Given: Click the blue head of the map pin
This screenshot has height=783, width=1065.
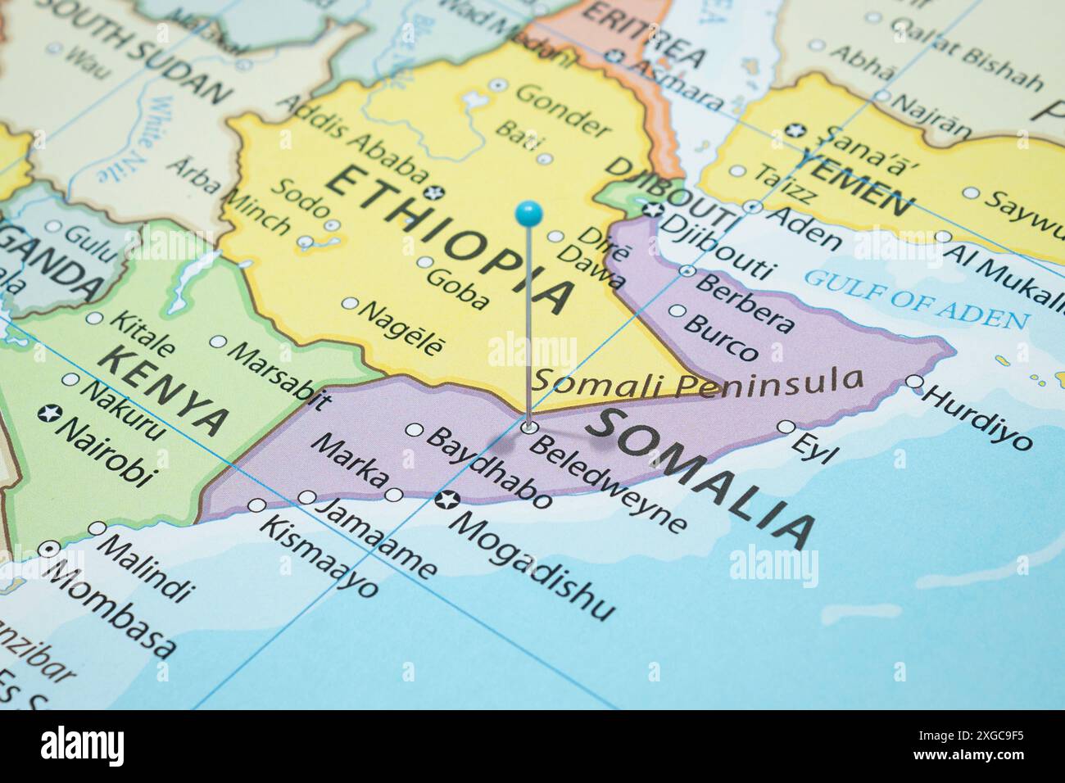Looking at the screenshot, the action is pyautogui.click(x=528, y=215).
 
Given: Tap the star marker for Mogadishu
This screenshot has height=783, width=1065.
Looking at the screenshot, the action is pyautogui.click(x=447, y=499).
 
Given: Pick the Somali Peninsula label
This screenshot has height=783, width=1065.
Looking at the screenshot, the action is pyautogui.click(x=699, y=380).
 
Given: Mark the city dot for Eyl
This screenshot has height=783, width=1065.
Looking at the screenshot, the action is pyautogui.click(x=786, y=427).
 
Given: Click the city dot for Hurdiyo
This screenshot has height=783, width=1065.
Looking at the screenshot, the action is pyautogui.click(x=913, y=382).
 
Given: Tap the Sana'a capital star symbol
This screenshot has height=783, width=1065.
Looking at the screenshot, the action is pyautogui.click(x=792, y=130).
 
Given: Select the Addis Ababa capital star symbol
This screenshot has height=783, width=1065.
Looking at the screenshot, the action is pyautogui.click(x=437, y=192).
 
